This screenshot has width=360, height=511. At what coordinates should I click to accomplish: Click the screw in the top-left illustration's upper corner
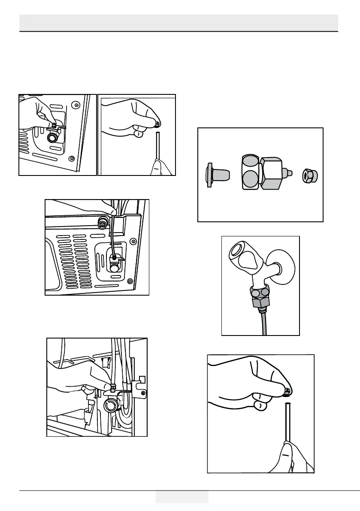76,104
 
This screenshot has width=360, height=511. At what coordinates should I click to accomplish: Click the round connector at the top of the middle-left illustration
103,223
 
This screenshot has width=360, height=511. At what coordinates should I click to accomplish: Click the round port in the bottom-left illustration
110,405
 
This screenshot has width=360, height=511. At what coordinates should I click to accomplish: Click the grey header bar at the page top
179,22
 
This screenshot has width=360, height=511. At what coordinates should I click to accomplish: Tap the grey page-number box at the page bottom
182,496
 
